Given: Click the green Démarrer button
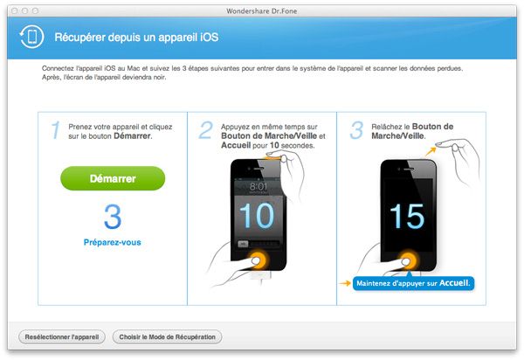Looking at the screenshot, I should point(113,178).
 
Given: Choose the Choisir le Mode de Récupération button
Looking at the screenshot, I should point(168,336).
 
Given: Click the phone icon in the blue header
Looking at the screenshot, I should point(32,38).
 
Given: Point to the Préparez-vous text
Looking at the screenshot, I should point(113,241).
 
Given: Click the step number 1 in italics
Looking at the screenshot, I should point(55,130).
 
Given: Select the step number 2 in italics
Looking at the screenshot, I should point(206,130).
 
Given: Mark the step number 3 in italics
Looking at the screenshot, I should point(355,130).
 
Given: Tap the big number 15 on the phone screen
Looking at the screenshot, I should point(409,213).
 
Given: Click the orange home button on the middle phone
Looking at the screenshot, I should point(259,259).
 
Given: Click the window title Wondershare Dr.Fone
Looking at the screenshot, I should point(262,8).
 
